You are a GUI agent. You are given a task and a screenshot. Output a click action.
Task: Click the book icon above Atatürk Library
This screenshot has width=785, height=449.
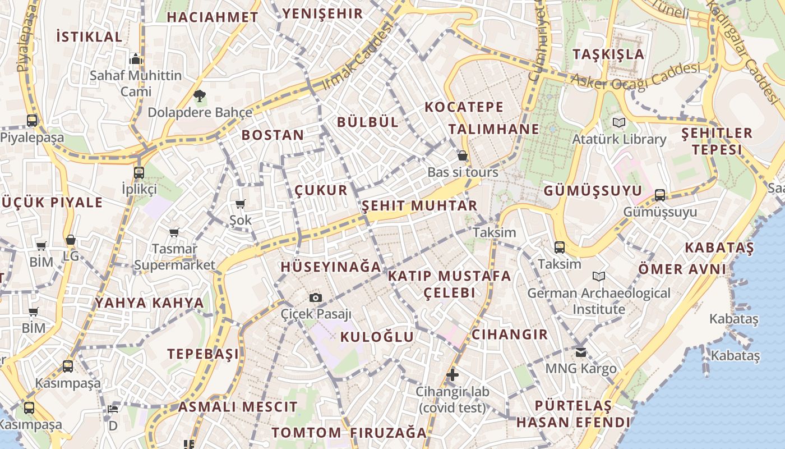619,122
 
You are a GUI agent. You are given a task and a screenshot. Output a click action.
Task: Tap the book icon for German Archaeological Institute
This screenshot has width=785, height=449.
599,276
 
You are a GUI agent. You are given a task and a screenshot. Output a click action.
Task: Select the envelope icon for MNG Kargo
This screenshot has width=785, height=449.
581,352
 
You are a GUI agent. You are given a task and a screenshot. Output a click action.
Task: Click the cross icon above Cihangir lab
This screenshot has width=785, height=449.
452,375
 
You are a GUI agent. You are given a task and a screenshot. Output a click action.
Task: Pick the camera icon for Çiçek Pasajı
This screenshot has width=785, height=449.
316,297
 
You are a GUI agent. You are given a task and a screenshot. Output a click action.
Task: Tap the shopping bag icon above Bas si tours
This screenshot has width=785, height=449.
463,155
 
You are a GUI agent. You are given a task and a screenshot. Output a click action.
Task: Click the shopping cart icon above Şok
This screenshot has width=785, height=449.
241,204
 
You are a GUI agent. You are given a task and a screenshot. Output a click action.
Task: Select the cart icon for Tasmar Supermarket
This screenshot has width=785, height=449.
174,232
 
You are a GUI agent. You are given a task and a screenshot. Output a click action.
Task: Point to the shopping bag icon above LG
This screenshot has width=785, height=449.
71,240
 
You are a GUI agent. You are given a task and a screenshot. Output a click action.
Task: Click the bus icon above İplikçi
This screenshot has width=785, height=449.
139,172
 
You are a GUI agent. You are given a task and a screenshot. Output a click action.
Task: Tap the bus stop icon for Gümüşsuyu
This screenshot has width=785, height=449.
660,195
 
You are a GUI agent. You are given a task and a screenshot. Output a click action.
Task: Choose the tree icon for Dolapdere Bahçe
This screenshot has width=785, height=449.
199,96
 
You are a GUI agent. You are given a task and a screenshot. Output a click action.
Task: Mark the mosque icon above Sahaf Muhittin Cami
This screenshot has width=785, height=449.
136,59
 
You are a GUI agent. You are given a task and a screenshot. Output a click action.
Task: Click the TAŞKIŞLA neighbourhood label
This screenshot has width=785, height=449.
608,54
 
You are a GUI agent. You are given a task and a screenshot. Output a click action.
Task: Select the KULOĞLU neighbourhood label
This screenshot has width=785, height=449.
377,337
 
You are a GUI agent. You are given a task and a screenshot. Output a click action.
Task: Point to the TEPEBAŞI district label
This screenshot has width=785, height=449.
203,354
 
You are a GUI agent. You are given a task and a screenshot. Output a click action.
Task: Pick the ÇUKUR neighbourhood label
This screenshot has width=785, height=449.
321,190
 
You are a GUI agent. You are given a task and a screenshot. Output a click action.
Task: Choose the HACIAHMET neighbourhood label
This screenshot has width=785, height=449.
212,17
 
